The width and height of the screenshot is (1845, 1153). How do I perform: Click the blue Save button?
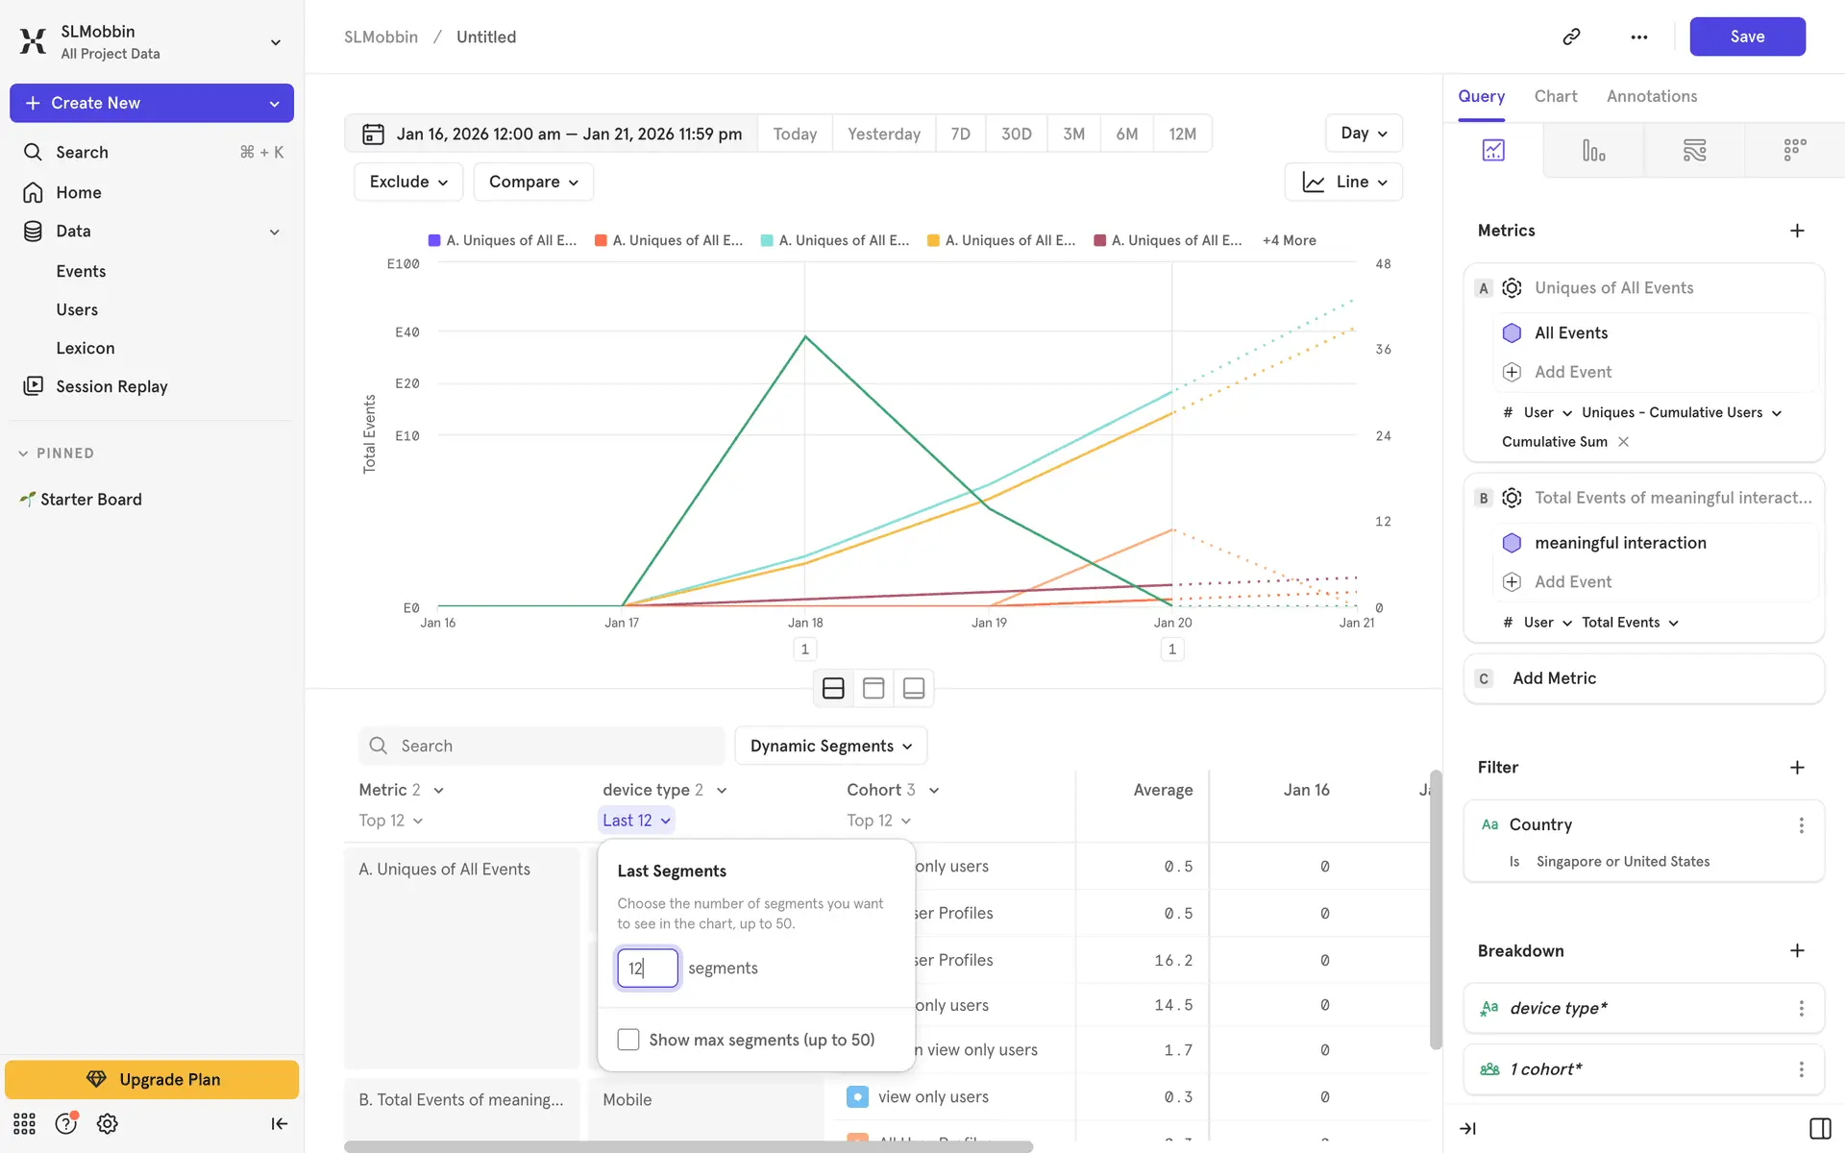point(1746,37)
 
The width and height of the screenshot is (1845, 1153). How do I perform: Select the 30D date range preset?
point(1016,134)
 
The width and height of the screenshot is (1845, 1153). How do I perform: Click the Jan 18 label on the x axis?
point(805,623)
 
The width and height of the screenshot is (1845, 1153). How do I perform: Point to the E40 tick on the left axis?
point(407,332)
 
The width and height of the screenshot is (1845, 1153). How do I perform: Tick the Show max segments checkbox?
point(628,1040)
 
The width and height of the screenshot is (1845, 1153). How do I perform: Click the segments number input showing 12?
point(647,968)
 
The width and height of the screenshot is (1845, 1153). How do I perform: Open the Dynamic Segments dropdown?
point(830,746)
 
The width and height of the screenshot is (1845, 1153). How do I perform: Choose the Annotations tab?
point(1651,96)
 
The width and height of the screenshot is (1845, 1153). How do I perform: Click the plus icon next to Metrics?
point(1797,231)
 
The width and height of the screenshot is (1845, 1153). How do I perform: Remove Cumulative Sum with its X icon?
point(1624,442)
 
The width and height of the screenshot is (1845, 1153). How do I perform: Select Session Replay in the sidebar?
point(111,386)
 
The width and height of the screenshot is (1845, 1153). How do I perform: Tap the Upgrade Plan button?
point(152,1079)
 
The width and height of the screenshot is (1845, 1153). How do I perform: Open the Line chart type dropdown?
point(1343,182)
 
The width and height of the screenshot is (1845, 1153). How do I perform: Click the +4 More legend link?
point(1289,240)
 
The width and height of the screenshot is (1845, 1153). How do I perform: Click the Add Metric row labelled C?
point(1643,678)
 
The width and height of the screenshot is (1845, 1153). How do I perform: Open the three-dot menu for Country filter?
point(1801,824)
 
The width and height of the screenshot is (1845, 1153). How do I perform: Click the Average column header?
point(1163,790)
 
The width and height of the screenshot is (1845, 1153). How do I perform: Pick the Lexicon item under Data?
point(86,348)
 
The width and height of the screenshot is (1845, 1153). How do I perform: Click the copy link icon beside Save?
point(1572,37)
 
